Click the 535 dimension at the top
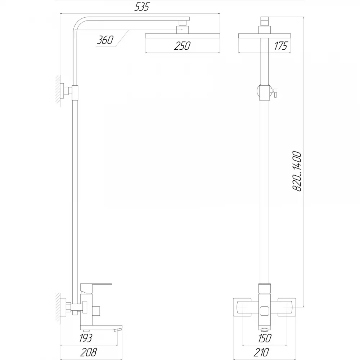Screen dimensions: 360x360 142,7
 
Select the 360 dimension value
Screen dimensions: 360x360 105,40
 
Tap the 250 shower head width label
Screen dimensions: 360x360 182,46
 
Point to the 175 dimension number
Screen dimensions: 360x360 280,46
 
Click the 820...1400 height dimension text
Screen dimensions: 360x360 297,171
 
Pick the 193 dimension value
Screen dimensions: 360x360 85,338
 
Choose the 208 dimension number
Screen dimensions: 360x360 89,352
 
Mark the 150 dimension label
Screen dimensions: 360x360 265,338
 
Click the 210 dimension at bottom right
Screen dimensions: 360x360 261,352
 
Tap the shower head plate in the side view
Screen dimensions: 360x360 183,36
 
